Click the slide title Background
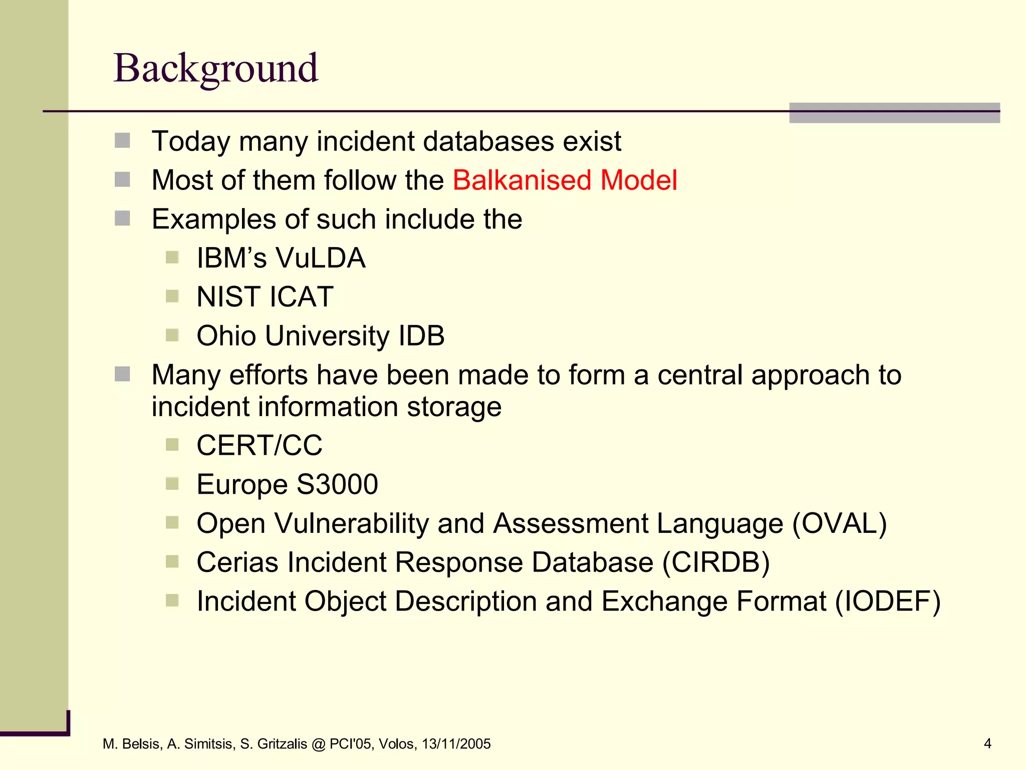216,69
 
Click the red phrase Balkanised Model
565,180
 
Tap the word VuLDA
321,258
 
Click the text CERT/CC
259,445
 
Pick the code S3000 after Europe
337,484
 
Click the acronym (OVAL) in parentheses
839,523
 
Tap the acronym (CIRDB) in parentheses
716,562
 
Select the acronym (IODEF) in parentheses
887,601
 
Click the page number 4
987,743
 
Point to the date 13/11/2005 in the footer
456,744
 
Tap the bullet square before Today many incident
122,140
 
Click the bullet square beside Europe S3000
172,484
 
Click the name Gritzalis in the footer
282,744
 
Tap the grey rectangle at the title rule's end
894,113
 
